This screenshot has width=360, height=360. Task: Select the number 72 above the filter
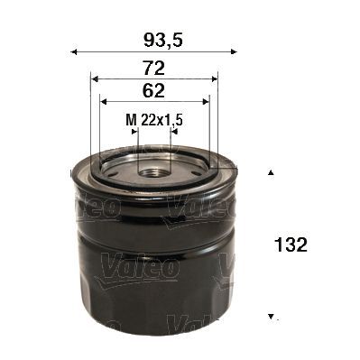[x=154, y=66]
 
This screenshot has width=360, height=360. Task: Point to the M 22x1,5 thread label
[x=154, y=118]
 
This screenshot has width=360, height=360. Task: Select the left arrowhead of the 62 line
[x=102, y=101]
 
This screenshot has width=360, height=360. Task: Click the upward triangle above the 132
[x=270, y=171]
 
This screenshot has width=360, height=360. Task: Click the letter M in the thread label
[x=128, y=118]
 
